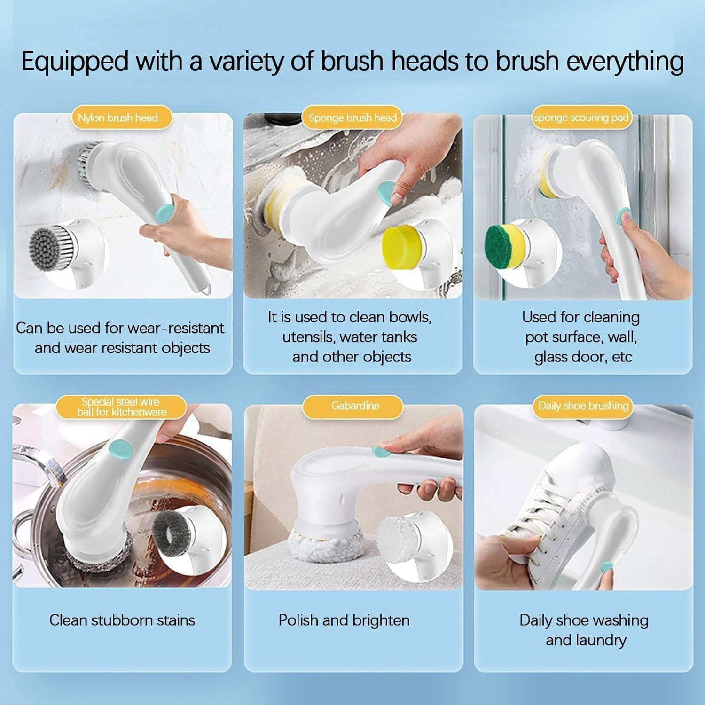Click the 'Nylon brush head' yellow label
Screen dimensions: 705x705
[x=118, y=117]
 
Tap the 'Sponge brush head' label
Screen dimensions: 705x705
[x=352, y=117]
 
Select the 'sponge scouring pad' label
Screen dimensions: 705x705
[x=581, y=117]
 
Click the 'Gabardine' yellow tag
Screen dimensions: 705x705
[x=355, y=406]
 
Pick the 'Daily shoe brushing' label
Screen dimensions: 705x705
[x=583, y=406]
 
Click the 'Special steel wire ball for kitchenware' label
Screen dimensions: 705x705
[x=121, y=407]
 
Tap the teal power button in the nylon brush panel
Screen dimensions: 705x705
[x=164, y=213]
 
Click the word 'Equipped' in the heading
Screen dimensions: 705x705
[x=75, y=62]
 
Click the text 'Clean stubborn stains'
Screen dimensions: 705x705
[x=122, y=620]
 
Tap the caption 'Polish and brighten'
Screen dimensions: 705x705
[x=344, y=620]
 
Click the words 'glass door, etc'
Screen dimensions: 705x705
[x=583, y=357]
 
